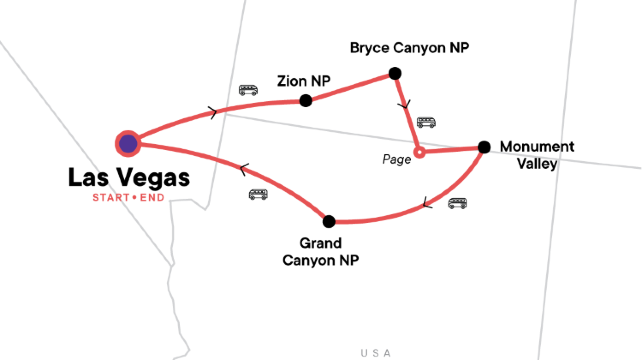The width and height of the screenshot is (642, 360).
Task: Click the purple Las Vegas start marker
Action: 127,144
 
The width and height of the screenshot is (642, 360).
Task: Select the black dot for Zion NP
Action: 306,100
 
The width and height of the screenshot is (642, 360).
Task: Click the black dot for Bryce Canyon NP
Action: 395,73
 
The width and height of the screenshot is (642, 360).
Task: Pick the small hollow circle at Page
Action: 420,153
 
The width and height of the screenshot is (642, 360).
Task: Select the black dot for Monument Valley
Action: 484,147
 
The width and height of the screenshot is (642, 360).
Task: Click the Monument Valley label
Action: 538,154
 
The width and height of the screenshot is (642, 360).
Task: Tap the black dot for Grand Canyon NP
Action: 328,220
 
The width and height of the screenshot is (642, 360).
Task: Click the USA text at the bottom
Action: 377,351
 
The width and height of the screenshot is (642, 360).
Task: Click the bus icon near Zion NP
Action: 247,90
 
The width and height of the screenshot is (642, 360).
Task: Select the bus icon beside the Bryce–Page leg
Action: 427,122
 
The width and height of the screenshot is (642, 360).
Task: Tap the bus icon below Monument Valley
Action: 457,203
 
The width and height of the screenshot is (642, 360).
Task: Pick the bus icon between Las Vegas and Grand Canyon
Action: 258,194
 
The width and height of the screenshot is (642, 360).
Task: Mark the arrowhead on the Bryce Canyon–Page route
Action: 403,103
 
